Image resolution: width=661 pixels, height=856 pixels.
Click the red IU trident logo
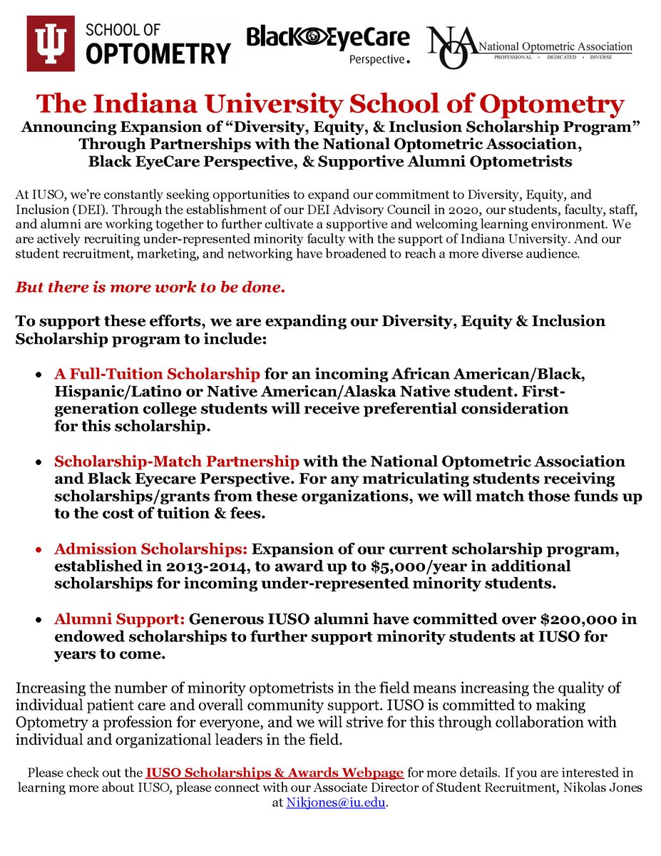click(51, 44)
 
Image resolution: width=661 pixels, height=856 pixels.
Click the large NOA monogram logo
click(452, 48)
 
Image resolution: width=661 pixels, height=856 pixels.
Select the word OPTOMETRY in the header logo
click(158, 53)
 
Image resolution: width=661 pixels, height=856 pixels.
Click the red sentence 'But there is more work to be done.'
click(150, 288)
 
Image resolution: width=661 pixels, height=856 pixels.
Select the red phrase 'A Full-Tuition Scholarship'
click(157, 374)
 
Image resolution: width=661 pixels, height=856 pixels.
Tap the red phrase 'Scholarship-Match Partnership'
click(176, 462)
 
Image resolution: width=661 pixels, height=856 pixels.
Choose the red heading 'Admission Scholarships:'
click(150, 549)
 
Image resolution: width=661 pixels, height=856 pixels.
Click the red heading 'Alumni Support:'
click(120, 620)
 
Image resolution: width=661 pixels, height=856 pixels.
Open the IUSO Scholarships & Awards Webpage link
click(275, 773)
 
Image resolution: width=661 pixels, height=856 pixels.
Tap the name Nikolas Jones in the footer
click(600, 788)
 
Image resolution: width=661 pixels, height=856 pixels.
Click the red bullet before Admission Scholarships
click(38, 551)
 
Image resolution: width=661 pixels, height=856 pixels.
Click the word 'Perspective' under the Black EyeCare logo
click(376, 59)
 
